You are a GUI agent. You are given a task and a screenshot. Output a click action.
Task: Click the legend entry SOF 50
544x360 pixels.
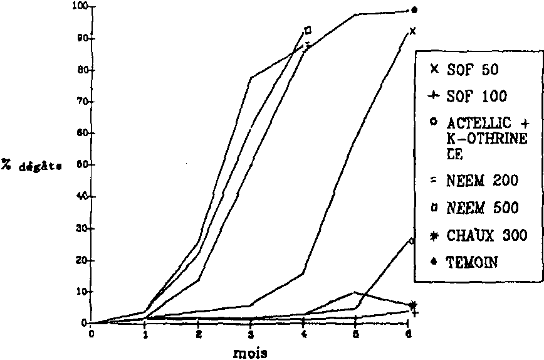point(473,70)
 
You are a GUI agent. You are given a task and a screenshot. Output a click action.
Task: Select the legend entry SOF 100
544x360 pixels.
point(476,97)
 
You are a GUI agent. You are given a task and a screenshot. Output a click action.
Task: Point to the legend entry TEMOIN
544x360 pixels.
point(472,263)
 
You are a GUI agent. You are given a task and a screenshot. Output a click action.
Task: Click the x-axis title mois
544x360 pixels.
point(251,352)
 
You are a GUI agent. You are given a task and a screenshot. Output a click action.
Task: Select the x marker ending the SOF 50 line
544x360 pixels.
point(412,31)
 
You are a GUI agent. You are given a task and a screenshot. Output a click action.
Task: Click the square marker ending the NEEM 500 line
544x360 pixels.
point(308,30)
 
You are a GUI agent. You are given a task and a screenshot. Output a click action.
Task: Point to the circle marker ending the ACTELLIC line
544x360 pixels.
point(411,240)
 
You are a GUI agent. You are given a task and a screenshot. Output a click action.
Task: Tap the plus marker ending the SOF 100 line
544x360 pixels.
point(414,312)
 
